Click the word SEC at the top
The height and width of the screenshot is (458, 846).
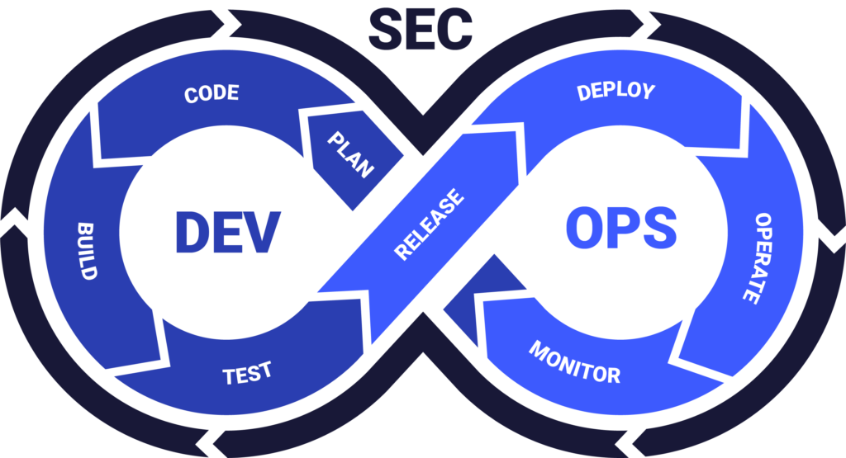(x=421, y=30)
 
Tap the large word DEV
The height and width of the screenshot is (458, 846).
(x=228, y=232)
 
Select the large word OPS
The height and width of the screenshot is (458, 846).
(x=621, y=228)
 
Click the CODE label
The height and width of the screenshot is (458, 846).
(x=211, y=93)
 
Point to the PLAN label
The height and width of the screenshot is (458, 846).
(x=350, y=154)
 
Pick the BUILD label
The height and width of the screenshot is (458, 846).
(x=86, y=251)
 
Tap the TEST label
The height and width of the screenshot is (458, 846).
(x=247, y=373)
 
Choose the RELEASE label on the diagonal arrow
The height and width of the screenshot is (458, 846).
(x=429, y=224)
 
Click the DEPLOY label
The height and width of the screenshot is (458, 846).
(x=615, y=92)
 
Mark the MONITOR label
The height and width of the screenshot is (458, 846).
(x=575, y=362)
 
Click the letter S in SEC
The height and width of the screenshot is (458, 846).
(x=386, y=31)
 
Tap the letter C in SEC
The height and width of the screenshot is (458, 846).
(x=455, y=31)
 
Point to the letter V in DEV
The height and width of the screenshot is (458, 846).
(x=262, y=232)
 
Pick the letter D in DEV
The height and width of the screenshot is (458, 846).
(x=192, y=232)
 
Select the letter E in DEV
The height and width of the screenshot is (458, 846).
(x=227, y=232)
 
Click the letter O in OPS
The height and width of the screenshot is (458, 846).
(x=585, y=228)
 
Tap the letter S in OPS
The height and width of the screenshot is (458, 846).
(x=659, y=228)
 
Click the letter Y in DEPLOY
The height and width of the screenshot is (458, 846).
(x=648, y=91)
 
